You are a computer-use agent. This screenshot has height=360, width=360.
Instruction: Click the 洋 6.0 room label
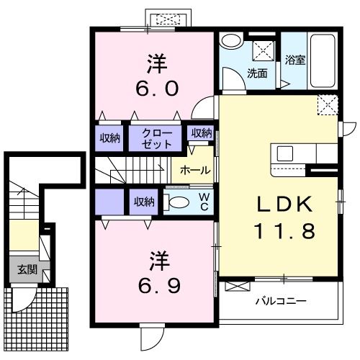click(157, 75)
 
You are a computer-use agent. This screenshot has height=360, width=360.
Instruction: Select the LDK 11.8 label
click(285, 217)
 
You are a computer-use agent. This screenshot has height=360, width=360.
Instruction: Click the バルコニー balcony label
click(281, 301)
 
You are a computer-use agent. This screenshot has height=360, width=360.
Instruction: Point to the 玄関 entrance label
click(27, 270)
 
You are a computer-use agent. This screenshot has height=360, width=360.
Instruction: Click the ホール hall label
click(195, 170)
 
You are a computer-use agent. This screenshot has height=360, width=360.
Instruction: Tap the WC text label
click(204, 202)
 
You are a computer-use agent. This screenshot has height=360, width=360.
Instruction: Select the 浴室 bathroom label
click(295, 60)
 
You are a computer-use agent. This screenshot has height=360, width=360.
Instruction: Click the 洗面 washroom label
click(257, 73)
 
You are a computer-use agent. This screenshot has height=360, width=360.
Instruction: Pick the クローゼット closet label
click(157, 139)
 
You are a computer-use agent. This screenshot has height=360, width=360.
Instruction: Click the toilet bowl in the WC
click(176, 202)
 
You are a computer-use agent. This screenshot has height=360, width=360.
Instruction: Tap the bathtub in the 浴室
click(323, 61)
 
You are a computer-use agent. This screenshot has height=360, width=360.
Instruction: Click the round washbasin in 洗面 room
click(231, 41)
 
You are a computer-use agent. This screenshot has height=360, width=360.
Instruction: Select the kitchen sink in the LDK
click(285, 153)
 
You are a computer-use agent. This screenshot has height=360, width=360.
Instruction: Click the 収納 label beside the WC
click(144, 202)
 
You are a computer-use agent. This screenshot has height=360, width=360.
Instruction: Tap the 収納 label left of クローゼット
click(110, 138)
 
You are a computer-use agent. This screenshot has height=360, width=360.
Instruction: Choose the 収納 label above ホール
click(202, 133)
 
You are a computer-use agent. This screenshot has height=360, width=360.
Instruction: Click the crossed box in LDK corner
click(328, 105)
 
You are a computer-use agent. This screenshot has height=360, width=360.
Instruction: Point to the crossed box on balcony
click(238, 287)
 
